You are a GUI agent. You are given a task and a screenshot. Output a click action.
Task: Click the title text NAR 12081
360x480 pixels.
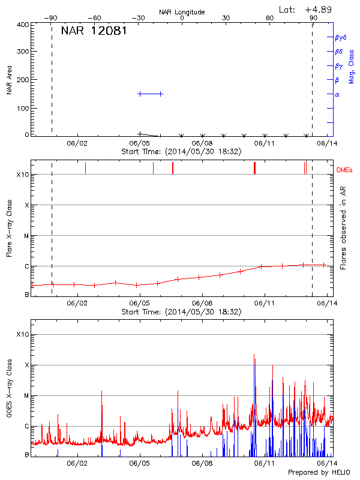click(x=94, y=31)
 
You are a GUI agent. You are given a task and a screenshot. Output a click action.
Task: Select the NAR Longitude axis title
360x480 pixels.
click(x=182, y=12)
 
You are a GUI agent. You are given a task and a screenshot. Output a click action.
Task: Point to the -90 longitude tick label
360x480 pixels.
click(x=52, y=18)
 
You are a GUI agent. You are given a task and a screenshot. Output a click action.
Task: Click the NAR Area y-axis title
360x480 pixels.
click(x=10, y=80)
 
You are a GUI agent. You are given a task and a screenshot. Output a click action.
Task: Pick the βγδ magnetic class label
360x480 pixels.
click(x=340, y=37)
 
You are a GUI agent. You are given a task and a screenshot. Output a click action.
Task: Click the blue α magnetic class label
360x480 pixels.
click(x=337, y=94)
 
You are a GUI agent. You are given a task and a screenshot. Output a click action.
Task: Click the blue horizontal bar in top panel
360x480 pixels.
click(x=150, y=94)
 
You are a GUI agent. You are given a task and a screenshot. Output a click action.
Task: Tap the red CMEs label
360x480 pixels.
click(x=344, y=171)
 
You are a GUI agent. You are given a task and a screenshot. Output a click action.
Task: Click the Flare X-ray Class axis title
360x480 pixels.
click(x=10, y=228)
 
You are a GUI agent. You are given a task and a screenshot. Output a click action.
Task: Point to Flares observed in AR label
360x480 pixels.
click(x=343, y=228)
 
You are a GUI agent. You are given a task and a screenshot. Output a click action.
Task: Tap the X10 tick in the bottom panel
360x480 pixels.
click(x=23, y=334)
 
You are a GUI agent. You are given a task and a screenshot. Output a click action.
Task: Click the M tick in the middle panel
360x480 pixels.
click(x=26, y=236)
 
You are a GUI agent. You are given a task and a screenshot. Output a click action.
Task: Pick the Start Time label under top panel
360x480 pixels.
click(x=181, y=152)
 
